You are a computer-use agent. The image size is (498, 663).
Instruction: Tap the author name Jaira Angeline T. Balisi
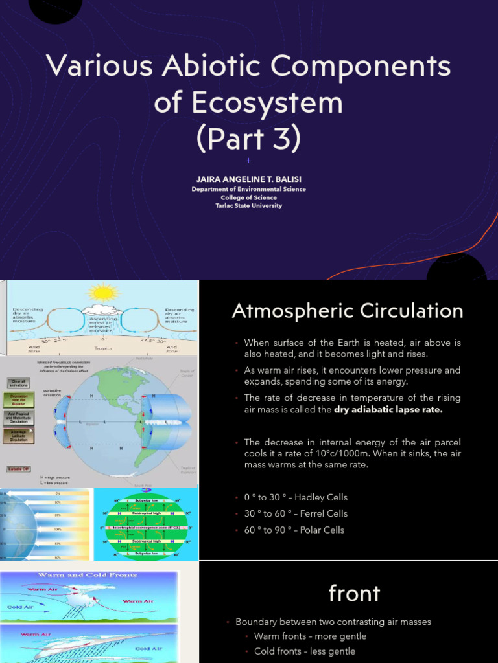click(248, 178)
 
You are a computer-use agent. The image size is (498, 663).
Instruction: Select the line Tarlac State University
click(248, 206)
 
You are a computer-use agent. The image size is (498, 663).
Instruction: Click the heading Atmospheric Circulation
click(348, 311)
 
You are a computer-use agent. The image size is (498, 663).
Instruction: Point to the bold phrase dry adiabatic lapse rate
click(389, 410)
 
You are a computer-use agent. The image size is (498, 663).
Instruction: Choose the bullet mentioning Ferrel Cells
click(296, 513)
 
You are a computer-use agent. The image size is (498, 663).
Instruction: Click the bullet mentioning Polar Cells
click(294, 530)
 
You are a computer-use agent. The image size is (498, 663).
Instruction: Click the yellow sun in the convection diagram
click(102, 292)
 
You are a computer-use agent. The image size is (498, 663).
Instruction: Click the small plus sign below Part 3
click(248, 161)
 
